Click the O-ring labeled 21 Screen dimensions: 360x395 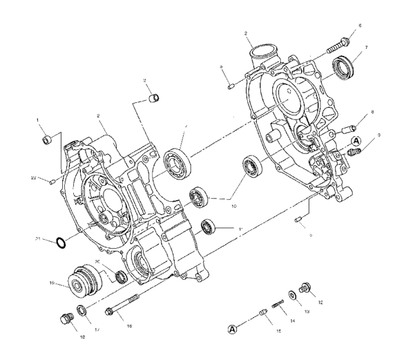[x=60, y=243]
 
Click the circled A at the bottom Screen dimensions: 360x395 [x=234, y=330]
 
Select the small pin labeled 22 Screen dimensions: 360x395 [x=52, y=182]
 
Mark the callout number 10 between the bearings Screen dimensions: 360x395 [x=234, y=206]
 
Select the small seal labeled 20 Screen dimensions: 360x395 [x=120, y=277]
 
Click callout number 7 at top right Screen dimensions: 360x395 [x=365, y=48]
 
